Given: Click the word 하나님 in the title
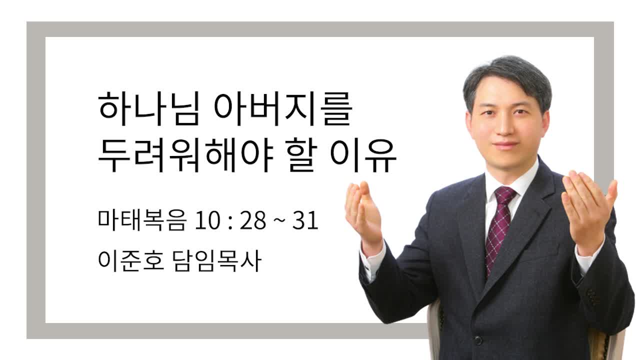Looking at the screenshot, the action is pyautogui.click(x=148, y=109).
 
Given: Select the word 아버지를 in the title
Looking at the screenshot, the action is pyautogui.click(x=283, y=109).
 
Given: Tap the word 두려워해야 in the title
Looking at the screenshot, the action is pyautogui.click(x=185, y=155).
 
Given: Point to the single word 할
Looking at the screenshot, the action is pyautogui.click(x=303, y=155).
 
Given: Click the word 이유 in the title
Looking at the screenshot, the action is pyautogui.click(x=363, y=155).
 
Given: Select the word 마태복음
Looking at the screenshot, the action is pyautogui.click(x=142, y=220).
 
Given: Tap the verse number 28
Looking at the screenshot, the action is pyautogui.click(x=253, y=221).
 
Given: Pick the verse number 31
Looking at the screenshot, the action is pyautogui.click(x=305, y=221).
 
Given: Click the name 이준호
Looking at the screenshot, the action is pyautogui.click(x=131, y=261).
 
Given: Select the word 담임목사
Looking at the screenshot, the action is pyautogui.click(x=217, y=261).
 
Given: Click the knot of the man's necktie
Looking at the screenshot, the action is pyautogui.click(x=505, y=195).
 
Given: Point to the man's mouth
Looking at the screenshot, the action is pyautogui.click(x=505, y=144).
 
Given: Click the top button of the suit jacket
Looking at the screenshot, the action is pyautogui.click(x=478, y=340).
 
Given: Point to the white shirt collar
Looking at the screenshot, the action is pyautogui.click(x=511, y=178).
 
